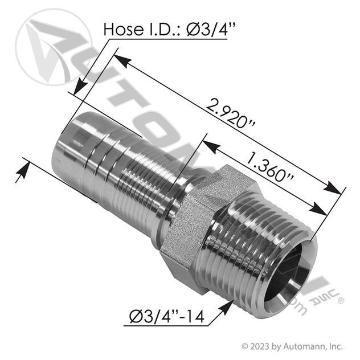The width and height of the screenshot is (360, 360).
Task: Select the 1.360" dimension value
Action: coord(269,167)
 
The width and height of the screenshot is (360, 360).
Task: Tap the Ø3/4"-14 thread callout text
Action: coord(167,317)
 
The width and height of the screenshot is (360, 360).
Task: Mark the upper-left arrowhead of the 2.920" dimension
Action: coord(122,60)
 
